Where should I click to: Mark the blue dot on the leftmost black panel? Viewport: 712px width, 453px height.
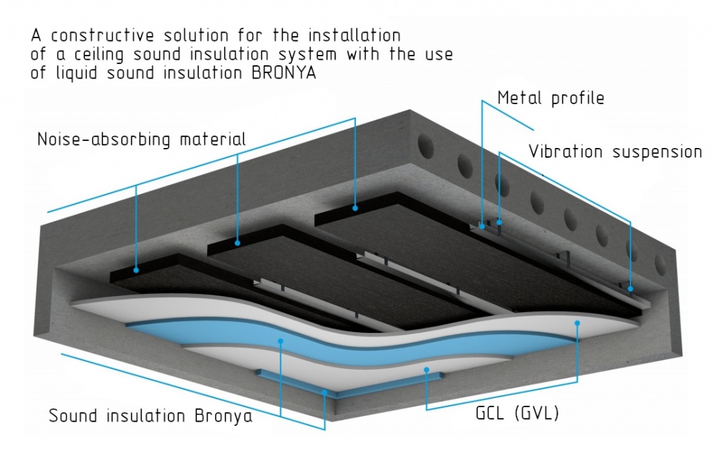(x=136, y=270)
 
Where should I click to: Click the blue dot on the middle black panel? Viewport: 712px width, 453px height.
(x=238, y=242)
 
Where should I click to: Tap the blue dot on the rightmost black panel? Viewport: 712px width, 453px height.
(x=355, y=207)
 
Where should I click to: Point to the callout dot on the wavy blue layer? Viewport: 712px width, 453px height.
(x=280, y=341)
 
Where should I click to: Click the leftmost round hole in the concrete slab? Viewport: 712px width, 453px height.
(x=423, y=148)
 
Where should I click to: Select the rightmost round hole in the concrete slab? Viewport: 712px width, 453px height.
(x=661, y=263)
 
